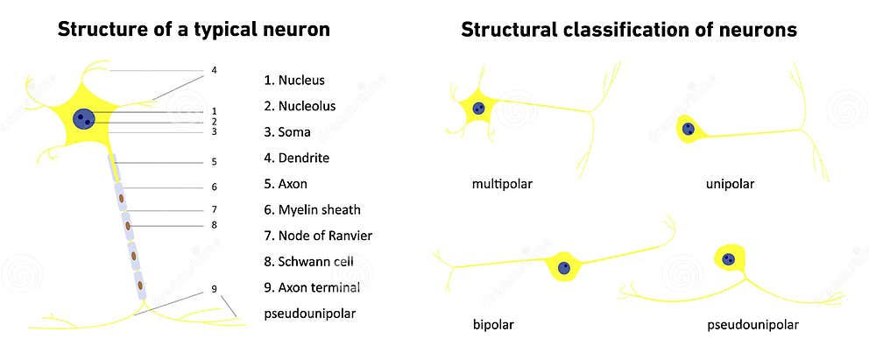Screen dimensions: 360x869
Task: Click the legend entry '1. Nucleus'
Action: pos(294,81)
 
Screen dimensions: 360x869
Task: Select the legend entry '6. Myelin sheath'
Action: pos(312,210)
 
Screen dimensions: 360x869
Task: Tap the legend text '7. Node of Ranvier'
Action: pos(317,236)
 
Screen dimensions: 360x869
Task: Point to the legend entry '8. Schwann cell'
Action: pos(308,262)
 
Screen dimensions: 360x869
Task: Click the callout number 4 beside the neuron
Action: pos(214,70)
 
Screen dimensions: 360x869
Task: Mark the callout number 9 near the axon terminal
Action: pos(214,289)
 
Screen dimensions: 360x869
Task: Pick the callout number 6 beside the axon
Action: pos(214,187)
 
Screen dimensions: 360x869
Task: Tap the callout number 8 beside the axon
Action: pos(214,225)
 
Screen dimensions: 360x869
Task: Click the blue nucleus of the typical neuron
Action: pos(84,118)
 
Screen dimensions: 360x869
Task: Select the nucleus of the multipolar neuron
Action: pos(478,109)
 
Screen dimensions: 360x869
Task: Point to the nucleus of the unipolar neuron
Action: pos(689,130)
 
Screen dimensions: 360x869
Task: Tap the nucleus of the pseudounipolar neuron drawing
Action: pos(729,258)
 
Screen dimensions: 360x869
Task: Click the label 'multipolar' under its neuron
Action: pos(502,184)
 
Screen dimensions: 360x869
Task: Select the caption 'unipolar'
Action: pos(730,184)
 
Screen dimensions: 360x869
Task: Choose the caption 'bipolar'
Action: pos(492,325)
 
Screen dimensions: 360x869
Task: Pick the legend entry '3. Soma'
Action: pos(287,132)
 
